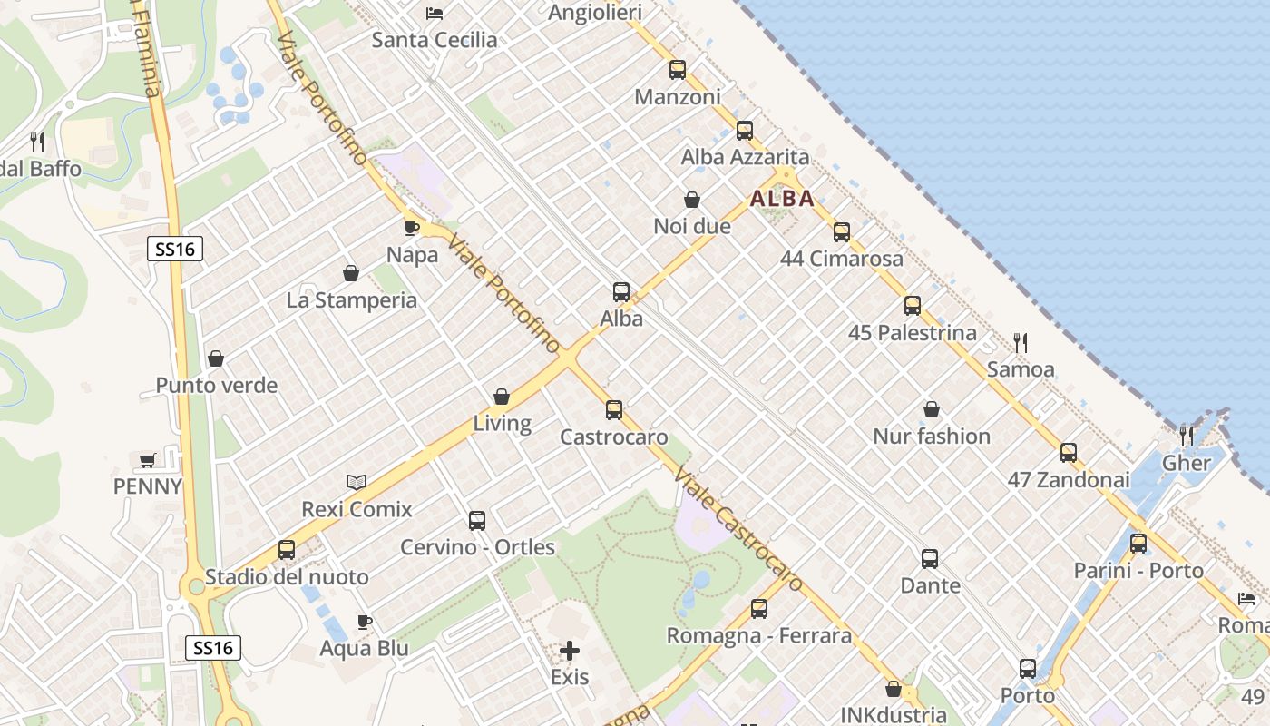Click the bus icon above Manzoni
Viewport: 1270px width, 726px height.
(677, 70)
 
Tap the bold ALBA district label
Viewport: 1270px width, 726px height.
(782, 199)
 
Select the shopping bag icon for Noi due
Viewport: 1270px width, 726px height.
(692, 200)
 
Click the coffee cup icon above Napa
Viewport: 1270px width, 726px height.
(411, 228)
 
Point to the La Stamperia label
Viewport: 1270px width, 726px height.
(352, 300)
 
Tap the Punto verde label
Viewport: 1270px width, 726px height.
(217, 386)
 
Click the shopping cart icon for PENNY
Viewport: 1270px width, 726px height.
(147, 460)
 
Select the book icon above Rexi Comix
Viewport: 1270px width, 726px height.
(357, 482)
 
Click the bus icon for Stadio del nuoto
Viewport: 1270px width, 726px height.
(287, 550)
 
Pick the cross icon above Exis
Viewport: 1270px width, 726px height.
(570, 651)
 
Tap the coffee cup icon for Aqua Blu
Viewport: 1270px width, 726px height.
(364, 622)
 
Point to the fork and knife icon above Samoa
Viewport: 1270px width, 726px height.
(1021, 342)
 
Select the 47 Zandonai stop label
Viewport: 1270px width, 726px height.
(1070, 480)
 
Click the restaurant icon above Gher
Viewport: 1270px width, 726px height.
(1187, 436)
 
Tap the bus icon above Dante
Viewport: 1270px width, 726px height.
(930, 559)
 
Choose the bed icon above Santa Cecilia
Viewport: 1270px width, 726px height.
(435, 14)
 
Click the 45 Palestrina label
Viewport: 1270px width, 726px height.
(913, 333)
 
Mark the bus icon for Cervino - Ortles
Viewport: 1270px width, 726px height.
(477, 521)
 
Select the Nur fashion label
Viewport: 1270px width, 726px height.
(932, 437)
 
